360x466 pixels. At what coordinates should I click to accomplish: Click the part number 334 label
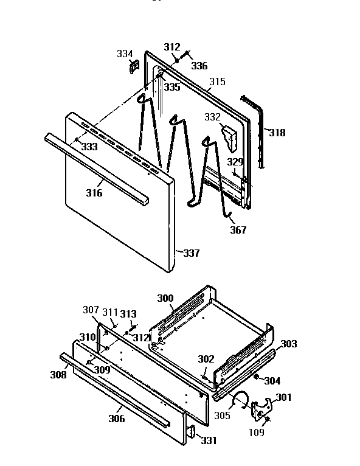tap(125, 54)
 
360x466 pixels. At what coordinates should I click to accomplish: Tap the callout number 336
tap(200, 66)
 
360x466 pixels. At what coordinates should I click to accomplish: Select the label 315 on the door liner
tap(217, 82)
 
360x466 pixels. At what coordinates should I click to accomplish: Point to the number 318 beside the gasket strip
tap(277, 133)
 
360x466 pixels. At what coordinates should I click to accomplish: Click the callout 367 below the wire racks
tap(238, 230)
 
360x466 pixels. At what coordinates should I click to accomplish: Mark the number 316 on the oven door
tap(94, 193)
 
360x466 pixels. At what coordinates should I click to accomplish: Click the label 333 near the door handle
tap(89, 147)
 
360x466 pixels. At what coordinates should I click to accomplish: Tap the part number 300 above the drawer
tap(165, 298)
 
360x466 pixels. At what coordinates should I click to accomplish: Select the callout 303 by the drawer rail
tap(288, 344)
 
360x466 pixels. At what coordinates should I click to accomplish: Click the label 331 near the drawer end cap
tap(209, 440)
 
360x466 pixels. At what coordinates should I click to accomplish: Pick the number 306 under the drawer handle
tap(116, 419)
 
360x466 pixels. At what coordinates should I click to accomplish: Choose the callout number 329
tap(235, 162)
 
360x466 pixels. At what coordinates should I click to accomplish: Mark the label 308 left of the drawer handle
tap(58, 375)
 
